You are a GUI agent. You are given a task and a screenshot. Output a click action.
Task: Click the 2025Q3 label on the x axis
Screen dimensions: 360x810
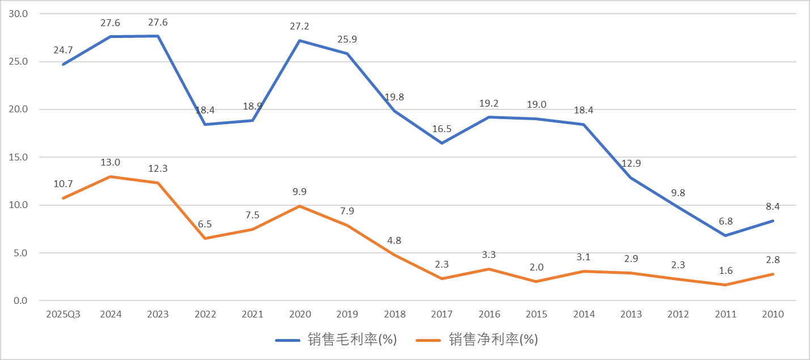[x=63, y=314]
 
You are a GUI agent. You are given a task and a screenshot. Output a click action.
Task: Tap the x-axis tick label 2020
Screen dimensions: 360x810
[x=299, y=314]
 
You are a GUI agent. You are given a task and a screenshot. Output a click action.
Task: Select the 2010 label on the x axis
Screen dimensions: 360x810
[x=773, y=314]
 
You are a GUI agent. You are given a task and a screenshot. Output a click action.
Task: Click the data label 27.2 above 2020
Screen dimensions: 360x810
[x=299, y=27]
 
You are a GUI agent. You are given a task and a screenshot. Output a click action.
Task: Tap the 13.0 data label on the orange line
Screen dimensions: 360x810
[x=110, y=163]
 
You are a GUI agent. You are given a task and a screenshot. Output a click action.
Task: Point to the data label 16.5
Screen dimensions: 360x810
[x=442, y=129]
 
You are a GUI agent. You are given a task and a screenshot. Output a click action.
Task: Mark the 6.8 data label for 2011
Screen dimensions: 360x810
[x=726, y=222]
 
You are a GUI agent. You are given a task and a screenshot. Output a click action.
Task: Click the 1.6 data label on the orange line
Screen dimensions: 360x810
[x=726, y=271]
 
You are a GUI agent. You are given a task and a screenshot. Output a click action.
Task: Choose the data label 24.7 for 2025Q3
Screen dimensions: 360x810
[x=63, y=50]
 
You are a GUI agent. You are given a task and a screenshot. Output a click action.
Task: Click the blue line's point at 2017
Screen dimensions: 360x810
[x=442, y=143]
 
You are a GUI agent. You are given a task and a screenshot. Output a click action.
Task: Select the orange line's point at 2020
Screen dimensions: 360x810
[x=299, y=206]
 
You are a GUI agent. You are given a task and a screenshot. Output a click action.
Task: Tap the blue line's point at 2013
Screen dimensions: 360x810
[x=631, y=177]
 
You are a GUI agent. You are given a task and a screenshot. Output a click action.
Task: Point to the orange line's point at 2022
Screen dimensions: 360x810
[x=205, y=238]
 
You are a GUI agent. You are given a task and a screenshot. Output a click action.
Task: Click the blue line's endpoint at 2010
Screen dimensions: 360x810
[x=773, y=221]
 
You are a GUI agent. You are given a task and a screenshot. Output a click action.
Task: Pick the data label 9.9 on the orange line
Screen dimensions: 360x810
[x=299, y=192]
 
